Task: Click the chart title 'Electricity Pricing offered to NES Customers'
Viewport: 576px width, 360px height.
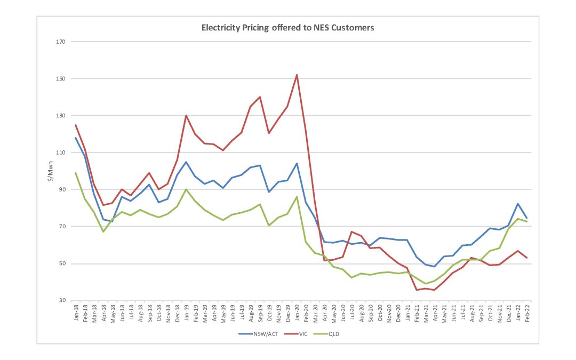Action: point(287,27)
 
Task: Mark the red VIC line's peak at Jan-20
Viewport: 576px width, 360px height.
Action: point(297,75)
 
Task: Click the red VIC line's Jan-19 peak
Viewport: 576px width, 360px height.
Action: point(186,115)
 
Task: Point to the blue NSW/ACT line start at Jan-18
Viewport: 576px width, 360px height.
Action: point(76,138)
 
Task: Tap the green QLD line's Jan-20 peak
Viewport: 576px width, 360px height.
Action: point(297,197)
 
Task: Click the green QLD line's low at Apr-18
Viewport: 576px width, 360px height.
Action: point(103,231)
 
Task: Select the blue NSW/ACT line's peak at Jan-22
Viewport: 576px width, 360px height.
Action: point(517,204)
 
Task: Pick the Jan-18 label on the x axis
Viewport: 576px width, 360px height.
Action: point(76,314)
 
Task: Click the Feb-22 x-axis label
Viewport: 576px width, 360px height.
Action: point(527,314)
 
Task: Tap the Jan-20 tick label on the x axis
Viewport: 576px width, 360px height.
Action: point(297,314)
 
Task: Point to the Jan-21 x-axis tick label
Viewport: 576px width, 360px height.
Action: point(407,314)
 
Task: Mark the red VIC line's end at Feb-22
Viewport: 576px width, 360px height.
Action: point(526,258)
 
